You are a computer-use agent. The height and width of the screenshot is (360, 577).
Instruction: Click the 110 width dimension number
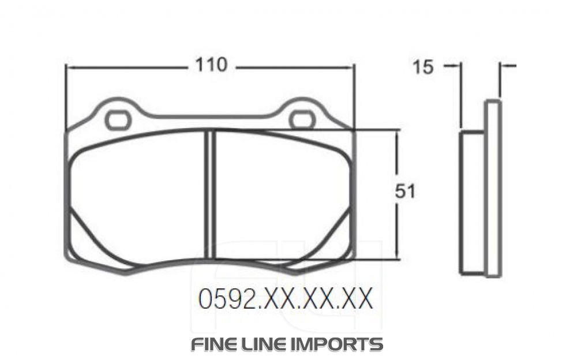[210, 66]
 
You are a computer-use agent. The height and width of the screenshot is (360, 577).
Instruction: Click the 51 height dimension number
[405, 192]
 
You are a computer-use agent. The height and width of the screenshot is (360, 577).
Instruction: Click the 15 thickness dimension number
[422, 67]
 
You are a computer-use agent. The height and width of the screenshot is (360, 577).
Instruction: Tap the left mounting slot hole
[118, 120]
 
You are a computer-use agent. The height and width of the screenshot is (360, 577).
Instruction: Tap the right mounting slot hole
[302, 120]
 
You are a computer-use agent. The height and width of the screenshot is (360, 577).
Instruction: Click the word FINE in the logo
[213, 344]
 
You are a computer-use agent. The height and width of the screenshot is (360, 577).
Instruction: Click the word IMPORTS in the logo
[340, 344]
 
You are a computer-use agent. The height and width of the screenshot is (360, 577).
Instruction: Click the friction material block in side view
[472, 202]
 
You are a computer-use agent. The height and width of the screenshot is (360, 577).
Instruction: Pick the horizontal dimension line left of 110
[127, 67]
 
